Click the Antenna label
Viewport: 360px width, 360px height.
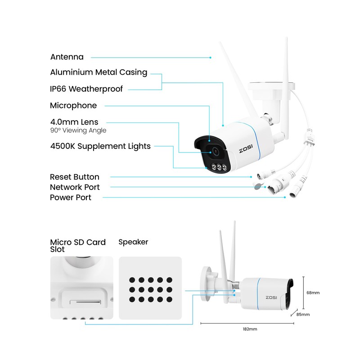(67, 57)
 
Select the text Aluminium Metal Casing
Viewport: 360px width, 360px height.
(99, 72)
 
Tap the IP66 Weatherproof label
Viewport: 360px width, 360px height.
(86, 89)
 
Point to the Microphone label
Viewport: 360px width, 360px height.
(73, 106)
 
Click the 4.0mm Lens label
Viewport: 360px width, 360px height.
(74, 122)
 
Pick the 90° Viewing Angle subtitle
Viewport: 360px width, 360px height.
(78, 130)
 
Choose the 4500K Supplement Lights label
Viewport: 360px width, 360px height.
(100, 146)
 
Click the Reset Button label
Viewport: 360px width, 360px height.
(75, 177)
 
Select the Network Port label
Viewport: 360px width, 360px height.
(75, 187)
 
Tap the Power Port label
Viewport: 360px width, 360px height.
(71, 198)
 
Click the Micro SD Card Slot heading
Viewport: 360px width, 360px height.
(78, 246)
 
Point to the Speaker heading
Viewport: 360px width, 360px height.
(133, 242)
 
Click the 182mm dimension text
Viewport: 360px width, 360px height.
(249, 329)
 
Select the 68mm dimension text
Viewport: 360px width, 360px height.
(313, 292)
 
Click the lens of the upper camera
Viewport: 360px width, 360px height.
(214, 152)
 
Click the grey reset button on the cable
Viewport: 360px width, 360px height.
(258, 185)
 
